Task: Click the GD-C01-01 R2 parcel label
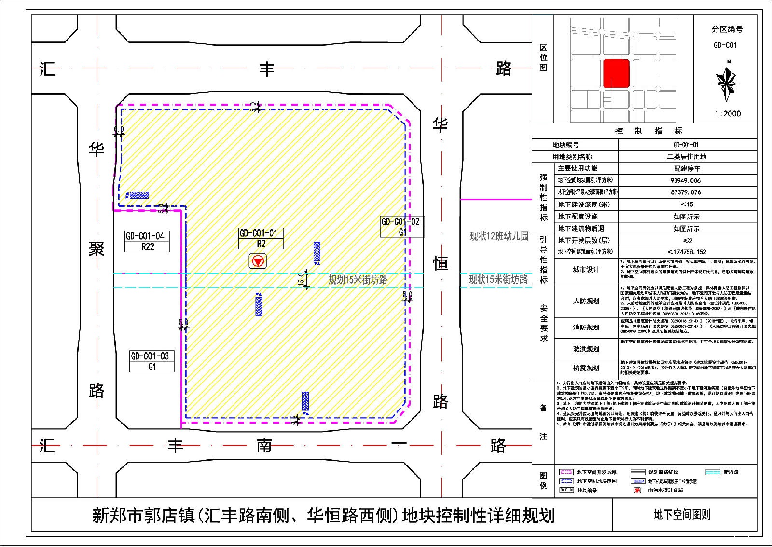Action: point(261,238)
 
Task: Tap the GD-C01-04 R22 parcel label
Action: point(147,241)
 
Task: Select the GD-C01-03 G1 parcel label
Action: point(152,361)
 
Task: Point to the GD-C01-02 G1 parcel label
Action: point(401,227)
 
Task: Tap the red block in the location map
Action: point(617,73)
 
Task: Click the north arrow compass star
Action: point(727,81)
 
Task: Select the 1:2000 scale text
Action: point(727,114)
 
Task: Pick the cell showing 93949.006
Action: point(686,180)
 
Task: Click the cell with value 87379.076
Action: point(686,192)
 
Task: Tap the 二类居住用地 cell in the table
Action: point(686,157)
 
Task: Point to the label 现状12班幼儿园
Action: point(499,236)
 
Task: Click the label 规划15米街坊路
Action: point(358,280)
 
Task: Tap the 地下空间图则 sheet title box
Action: point(682,515)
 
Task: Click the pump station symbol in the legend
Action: point(637,490)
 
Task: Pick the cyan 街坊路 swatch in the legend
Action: point(713,472)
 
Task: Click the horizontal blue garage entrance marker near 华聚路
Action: point(138,195)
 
